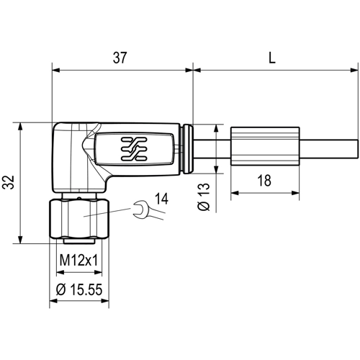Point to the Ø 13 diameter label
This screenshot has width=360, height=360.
(x=204, y=195)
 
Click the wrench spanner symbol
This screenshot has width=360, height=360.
(x=142, y=210)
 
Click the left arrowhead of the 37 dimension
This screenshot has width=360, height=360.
(x=54, y=70)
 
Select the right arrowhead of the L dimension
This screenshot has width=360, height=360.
(x=354, y=70)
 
